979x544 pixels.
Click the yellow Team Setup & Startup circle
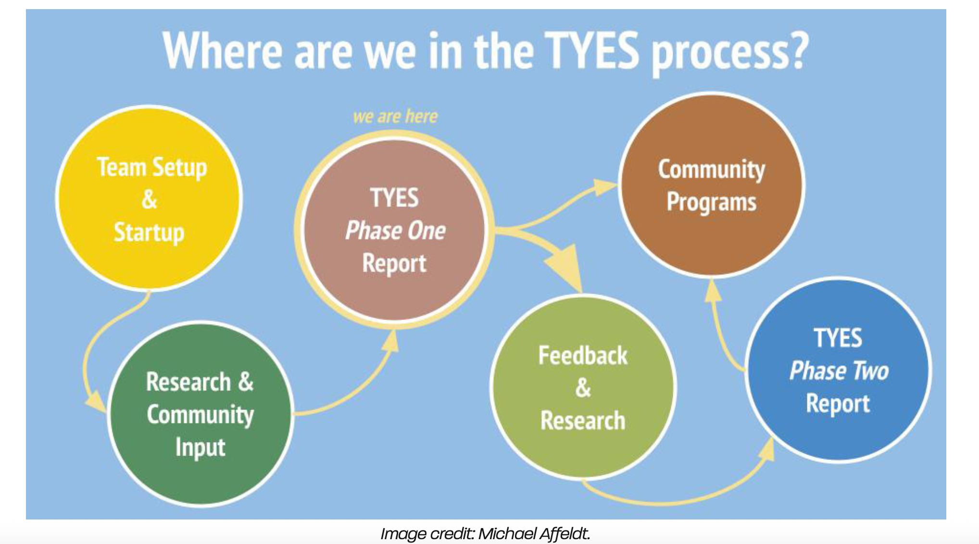[149, 198]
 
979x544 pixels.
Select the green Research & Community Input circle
[200, 413]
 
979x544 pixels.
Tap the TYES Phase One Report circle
[394, 230]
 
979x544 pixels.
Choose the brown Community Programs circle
[712, 185]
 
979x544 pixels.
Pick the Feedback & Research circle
[583, 387]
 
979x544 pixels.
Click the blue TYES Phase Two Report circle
[838, 370]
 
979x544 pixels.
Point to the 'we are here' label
[395, 116]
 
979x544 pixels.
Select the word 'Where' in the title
[223, 50]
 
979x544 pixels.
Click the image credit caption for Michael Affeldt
[485, 533]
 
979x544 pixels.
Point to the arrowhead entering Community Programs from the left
[604, 186]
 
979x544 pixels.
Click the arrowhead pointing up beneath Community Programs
[713, 290]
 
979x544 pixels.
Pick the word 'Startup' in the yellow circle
[149, 233]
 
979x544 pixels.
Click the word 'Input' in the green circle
[200, 447]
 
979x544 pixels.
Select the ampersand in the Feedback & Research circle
[583, 388]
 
